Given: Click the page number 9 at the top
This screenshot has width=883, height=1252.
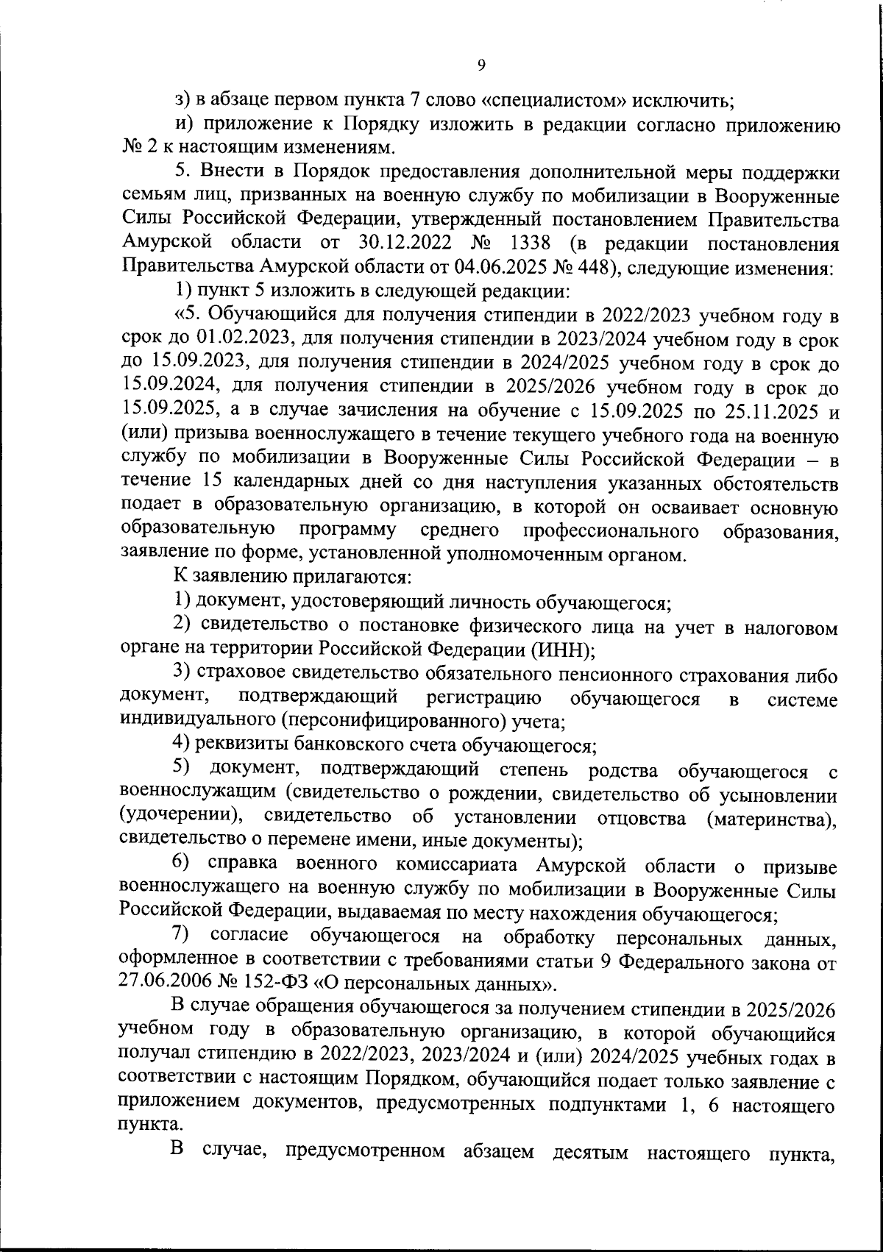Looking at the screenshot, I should pyautogui.click(x=480, y=65).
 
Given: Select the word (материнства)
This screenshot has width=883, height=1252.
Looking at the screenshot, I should pyautogui.click(x=771, y=818).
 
